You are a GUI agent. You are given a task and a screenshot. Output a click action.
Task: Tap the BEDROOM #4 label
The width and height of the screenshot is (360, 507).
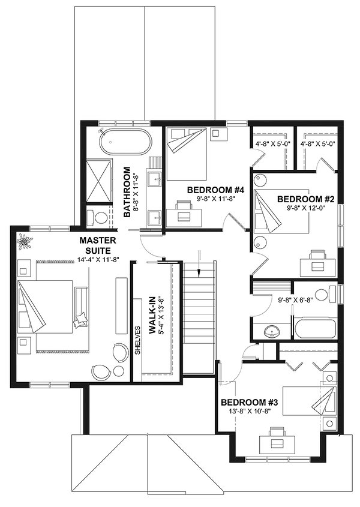pos(207,190)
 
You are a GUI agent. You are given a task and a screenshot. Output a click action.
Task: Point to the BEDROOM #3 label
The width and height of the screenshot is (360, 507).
pos(245,402)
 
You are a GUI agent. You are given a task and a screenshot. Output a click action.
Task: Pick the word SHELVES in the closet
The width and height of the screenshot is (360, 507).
pos(138,341)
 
